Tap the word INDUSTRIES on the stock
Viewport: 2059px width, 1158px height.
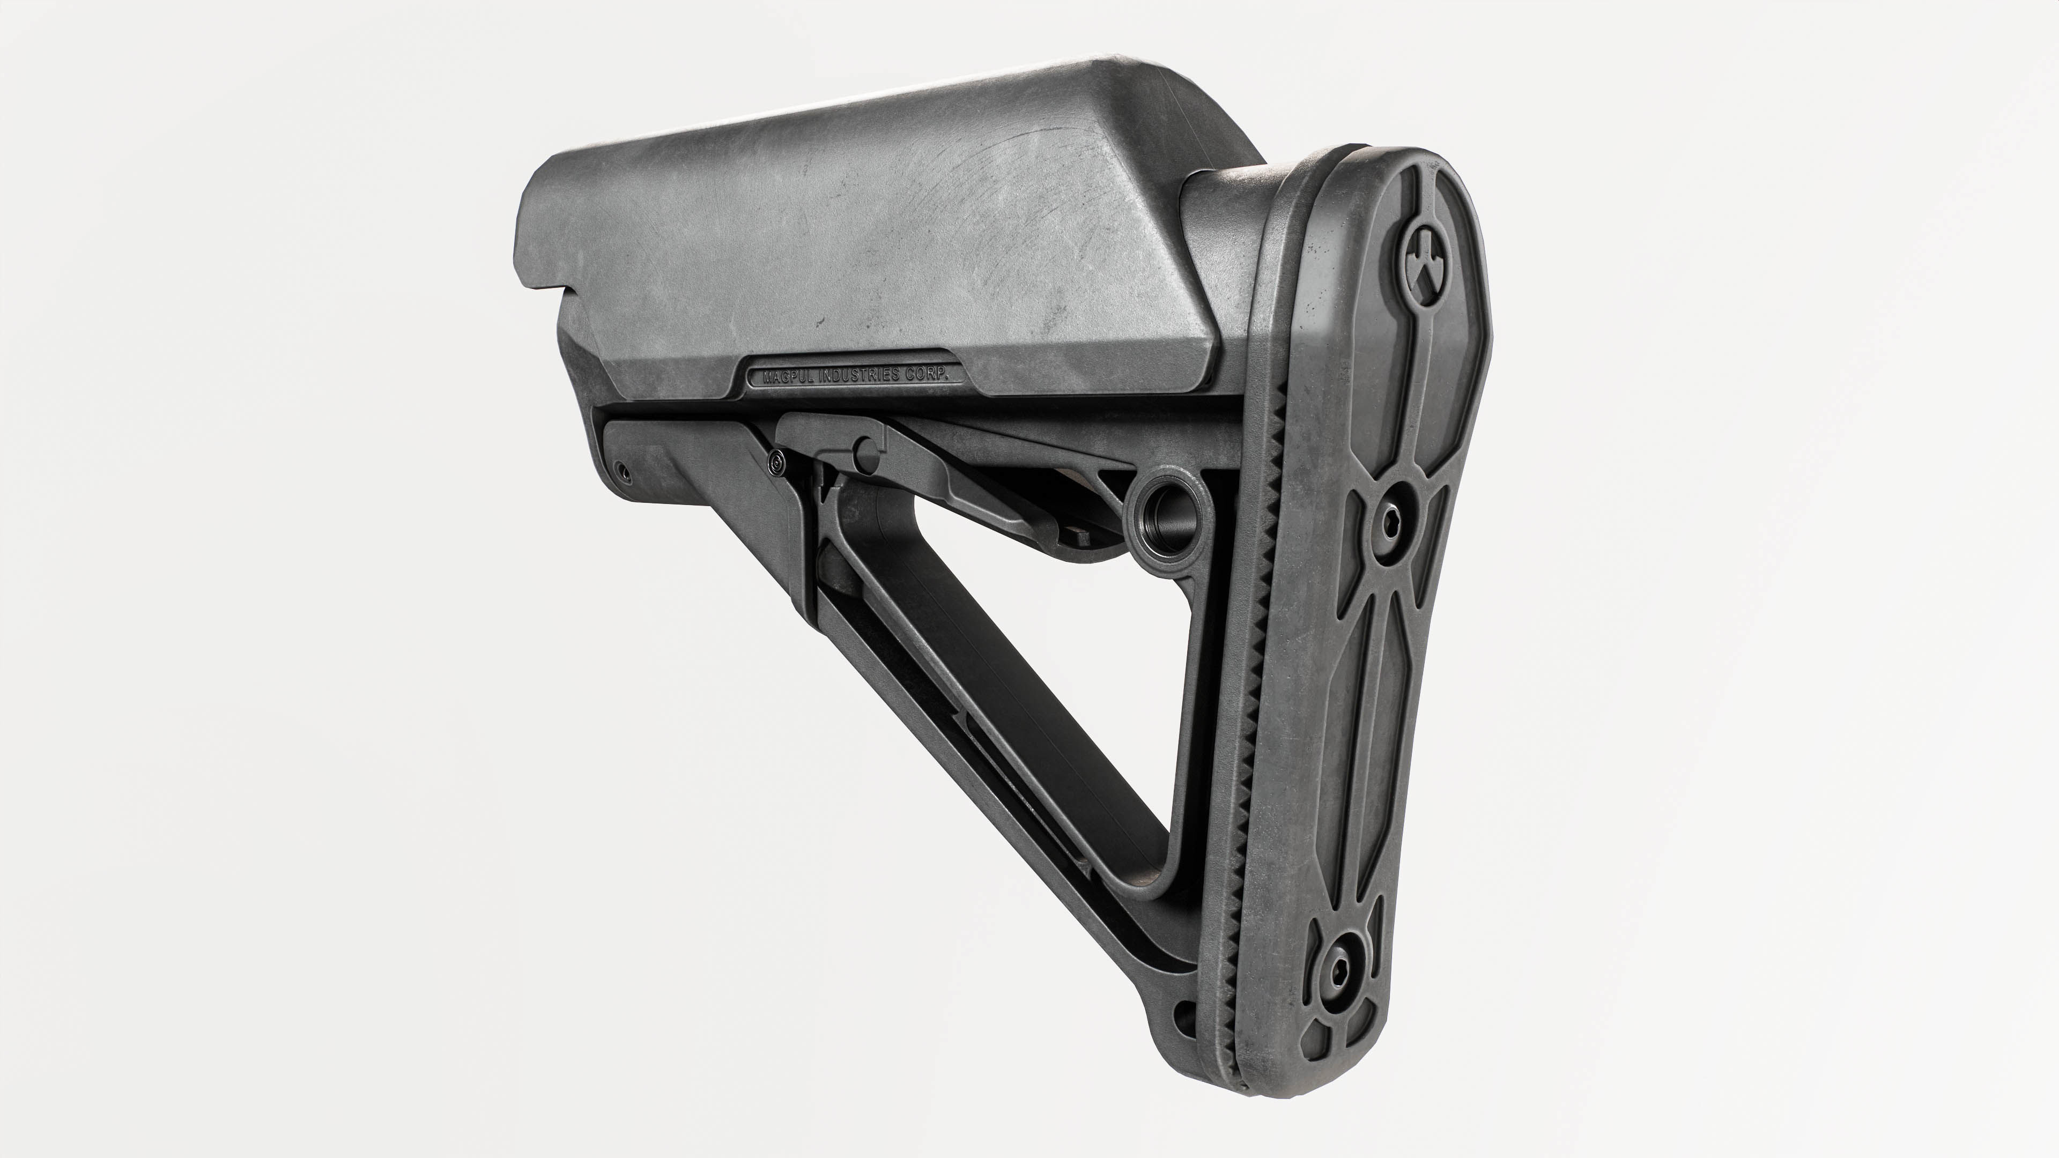(861, 375)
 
